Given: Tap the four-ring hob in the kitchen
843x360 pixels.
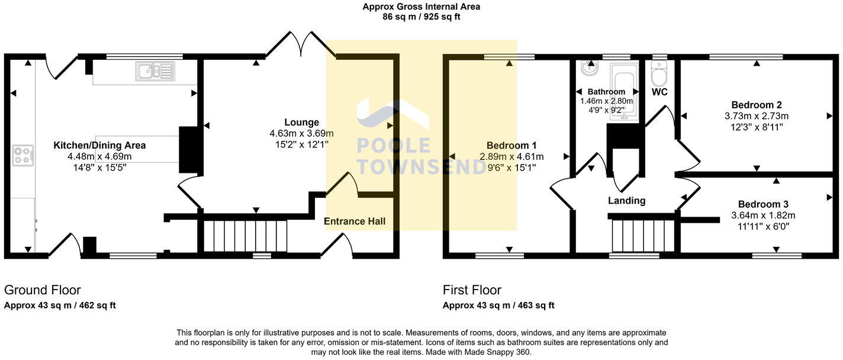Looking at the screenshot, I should pos(22,155).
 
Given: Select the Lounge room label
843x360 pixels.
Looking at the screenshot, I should pos(301,123).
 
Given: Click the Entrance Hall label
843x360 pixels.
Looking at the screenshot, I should pos(355,221).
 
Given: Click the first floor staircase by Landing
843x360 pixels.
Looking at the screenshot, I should pos(643,236).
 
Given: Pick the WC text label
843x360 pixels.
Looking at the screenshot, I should pos(659,92).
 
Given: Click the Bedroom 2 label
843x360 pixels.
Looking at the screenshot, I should pos(757,105).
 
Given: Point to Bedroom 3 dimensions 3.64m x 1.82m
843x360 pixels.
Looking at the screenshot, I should pos(763,216).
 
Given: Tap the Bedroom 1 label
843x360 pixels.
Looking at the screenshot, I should pos(511,146).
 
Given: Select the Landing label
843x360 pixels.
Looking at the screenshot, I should pos(626,201).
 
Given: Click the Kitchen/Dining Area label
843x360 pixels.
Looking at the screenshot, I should pos(99,146).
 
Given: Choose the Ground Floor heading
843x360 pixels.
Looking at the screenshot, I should pos(43,290).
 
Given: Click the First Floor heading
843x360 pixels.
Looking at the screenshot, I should pos(472,290).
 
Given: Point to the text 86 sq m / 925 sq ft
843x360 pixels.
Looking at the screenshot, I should pos(421,17).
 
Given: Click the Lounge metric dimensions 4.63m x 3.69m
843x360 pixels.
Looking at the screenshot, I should pos(301,133).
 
